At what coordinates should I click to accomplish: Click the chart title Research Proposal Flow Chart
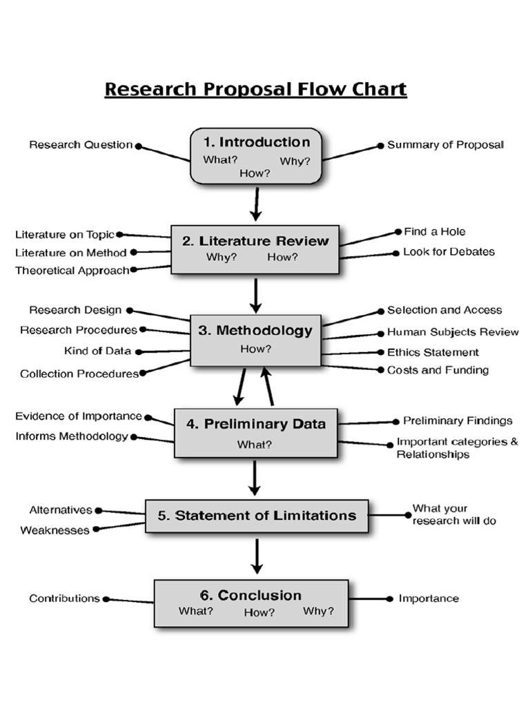point(255,90)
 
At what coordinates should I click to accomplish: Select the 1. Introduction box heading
point(257,142)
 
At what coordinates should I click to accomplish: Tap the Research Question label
point(81,145)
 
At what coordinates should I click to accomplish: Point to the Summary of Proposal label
point(445,145)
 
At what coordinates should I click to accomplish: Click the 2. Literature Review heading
point(255,241)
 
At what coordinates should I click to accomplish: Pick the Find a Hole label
point(434,232)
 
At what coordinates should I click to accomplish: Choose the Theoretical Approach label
point(72,271)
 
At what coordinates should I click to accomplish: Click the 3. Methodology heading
point(255,331)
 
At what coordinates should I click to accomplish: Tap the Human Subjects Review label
point(453,332)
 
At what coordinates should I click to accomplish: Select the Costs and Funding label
point(438,370)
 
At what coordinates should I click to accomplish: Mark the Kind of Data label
point(97,351)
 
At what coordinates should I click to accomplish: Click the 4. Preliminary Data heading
point(255,423)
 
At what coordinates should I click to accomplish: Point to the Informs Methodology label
point(72,436)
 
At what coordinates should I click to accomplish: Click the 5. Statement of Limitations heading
point(257,516)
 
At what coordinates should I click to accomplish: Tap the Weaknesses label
point(55,531)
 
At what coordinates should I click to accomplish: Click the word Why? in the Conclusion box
point(318,611)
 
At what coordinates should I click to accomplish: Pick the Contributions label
point(64,599)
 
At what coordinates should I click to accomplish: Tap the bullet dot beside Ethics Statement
point(381,352)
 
